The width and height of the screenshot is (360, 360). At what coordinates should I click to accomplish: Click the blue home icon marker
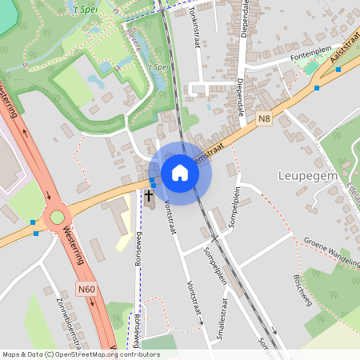(x=180, y=173)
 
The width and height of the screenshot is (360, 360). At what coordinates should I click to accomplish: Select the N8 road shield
(x=265, y=118)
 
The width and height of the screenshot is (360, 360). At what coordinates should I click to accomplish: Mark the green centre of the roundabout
(x=57, y=216)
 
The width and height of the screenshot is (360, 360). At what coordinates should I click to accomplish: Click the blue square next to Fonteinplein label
(x=338, y=70)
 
